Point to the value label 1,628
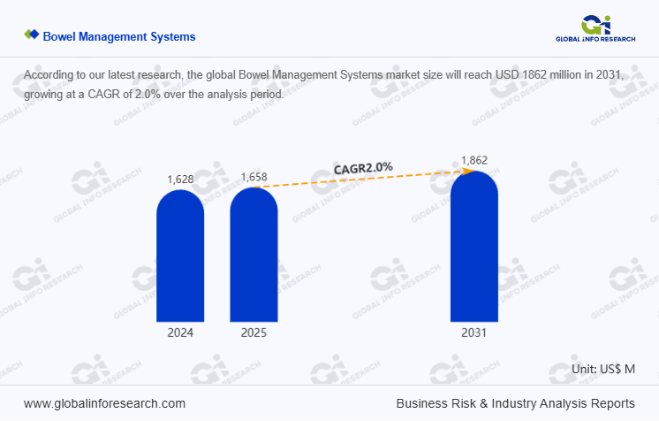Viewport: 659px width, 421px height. pyautogui.click(x=180, y=180)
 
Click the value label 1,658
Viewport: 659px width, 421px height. pyautogui.click(x=254, y=177)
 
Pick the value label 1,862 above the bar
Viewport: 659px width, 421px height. pyautogui.click(x=474, y=161)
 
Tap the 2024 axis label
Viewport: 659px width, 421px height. pyautogui.click(x=180, y=333)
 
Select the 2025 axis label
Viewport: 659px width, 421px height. pyautogui.click(x=254, y=333)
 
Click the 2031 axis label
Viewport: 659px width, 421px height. pyautogui.click(x=473, y=333)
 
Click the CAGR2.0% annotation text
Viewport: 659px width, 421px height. pyautogui.click(x=363, y=167)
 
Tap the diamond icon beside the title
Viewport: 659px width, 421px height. pyautogui.click(x=32, y=35)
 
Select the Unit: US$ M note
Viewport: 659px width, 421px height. pyautogui.click(x=603, y=369)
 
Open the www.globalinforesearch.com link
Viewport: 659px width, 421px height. pyautogui.click(x=104, y=402)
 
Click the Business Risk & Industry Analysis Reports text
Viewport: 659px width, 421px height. pyautogui.click(x=515, y=402)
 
